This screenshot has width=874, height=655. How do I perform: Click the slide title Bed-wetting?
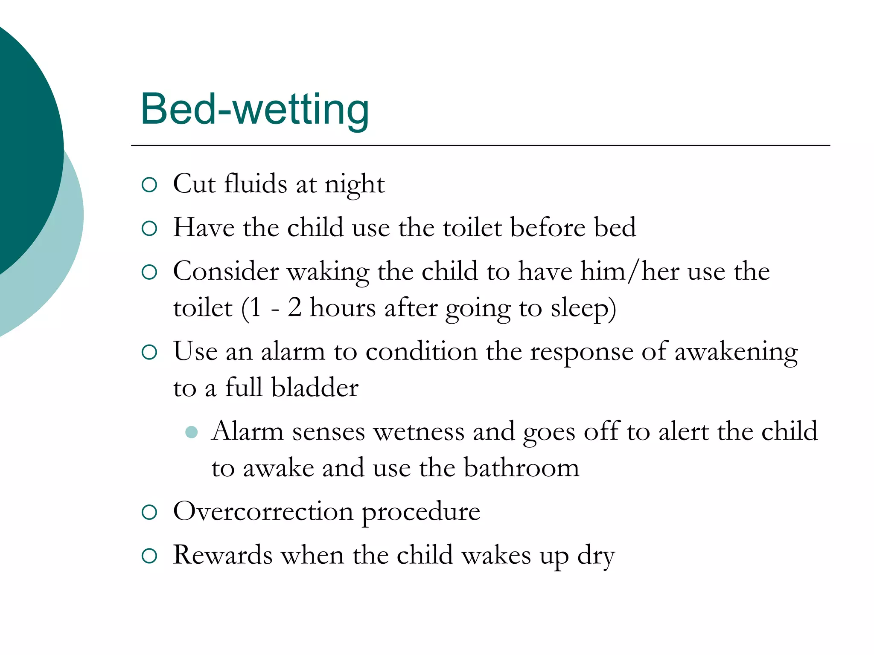pyautogui.click(x=255, y=110)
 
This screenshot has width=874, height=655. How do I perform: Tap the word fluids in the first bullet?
pyautogui.click(x=256, y=184)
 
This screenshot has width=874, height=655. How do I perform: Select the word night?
pyautogui.click(x=355, y=185)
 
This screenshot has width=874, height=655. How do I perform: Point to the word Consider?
pyautogui.click(x=225, y=271)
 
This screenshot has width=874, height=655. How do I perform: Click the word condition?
pyautogui.click(x=421, y=352)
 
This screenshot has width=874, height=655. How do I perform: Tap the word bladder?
pyautogui.click(x=315, y=388)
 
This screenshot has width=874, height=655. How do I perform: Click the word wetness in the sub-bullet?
pyautogui.click(x=419, y=432)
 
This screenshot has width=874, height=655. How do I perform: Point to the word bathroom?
pyautogui.click(x=521, y=468)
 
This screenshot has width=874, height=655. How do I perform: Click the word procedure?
pyautogui.click(x=421, y=512)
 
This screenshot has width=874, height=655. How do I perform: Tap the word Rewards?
pyautogui.click(x=223, y=555)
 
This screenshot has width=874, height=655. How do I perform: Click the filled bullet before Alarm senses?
pyautogui.click(x=192, y=432)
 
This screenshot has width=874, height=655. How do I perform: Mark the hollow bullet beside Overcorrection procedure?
pyautogui.click(x=149, y=512)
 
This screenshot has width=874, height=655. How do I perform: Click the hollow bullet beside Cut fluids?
pyautogui.click(x=149, y=185)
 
